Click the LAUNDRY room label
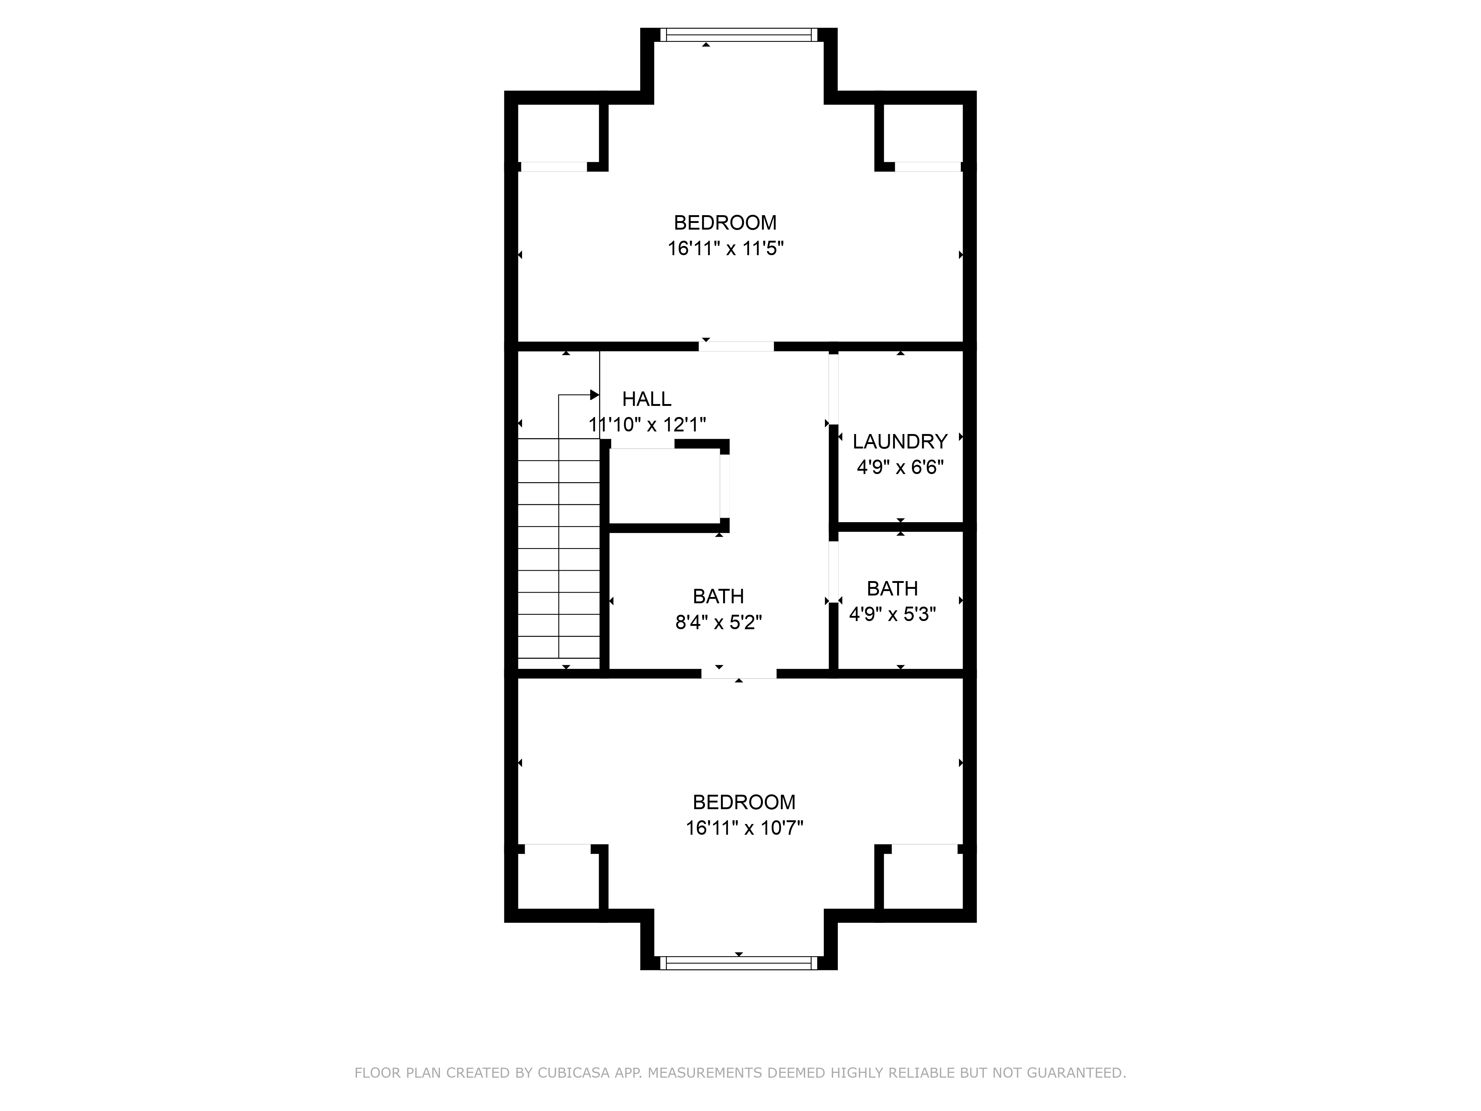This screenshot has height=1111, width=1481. click(899, 441)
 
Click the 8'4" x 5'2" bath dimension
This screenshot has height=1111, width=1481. click(718, 623)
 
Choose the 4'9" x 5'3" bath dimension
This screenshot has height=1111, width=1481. click(892, 614)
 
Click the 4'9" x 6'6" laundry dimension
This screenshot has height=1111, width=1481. click(900, 467)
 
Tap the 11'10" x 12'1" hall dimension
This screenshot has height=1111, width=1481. click(647, 424)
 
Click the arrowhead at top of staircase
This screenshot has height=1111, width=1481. click(594, 395)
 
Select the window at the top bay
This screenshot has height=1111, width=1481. click(739, 35)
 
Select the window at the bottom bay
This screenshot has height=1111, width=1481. click(739, 963)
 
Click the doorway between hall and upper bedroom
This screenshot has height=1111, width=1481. click(736, 346)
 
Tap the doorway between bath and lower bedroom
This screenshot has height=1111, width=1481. click(739, 674)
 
